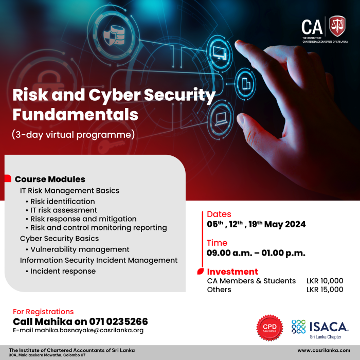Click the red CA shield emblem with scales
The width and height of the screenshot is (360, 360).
[x=337, y=26]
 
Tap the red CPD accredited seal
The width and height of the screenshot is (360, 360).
[x=270, y=328]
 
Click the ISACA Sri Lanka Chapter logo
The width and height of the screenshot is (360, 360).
[x=320, y=329]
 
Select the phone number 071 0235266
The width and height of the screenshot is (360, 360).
[x=118, y=321]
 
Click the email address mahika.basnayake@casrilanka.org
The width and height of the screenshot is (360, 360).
[x=89, y=330]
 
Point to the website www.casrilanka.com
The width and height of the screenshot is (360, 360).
[x=323, y=350]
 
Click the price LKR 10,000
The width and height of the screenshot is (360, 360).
[x=325, y=281]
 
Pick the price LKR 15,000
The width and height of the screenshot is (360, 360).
[x=325, y=289]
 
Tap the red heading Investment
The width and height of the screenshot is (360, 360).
[x=232, y=272]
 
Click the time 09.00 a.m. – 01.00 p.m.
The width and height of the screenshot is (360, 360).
[x=256, y=253]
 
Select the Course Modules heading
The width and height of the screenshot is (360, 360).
[x=50, y=179]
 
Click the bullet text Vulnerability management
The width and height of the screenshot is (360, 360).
[x=80, y=249]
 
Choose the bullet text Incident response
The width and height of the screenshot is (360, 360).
[x=63, y=271]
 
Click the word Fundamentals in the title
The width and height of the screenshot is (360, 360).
[x=75, y=115]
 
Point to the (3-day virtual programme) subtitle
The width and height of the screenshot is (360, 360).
[x=73, y=135]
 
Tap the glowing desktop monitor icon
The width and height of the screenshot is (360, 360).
[x=220, y=53]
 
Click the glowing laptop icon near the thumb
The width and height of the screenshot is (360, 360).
[x=221, y=119]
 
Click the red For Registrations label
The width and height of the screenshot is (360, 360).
[x=43, y=312]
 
